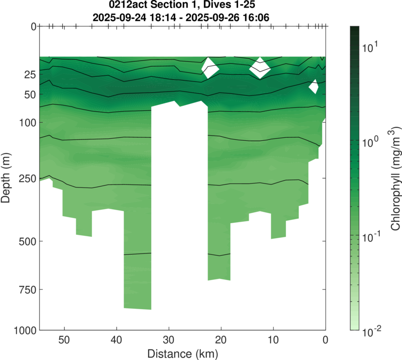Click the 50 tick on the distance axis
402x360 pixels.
[64, 339]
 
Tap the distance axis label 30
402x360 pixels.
[169, 339]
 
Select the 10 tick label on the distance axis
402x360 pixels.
[273, 339]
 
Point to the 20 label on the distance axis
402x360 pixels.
[221, 339]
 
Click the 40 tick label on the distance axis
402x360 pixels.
[117, 339]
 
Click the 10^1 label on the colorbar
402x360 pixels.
[370, 48]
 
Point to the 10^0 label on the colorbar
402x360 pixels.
[370, 142]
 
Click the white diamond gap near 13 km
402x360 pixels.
[260, 68]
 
